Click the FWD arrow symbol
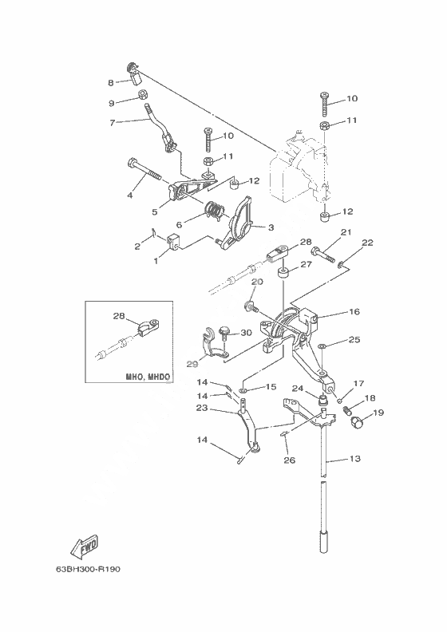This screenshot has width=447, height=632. [85, 547]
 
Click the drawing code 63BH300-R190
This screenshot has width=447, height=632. [89, 569]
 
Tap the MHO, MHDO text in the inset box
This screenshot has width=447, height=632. [148, 377]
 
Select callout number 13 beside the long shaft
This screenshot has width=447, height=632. [354, 459]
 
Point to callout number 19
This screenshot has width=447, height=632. [378, 413]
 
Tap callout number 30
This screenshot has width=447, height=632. [246, 333]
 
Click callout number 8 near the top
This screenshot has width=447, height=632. [111, 83]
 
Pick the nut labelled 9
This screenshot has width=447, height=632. [141, 95]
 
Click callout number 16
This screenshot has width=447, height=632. [354, 311]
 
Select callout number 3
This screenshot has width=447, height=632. [271, 227]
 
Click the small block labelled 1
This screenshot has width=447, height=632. [172, 241]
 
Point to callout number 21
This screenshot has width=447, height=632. [346, 232]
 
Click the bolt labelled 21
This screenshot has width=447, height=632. [322, 255]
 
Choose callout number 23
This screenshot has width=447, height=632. [201, 408]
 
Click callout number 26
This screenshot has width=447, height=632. [290, 460]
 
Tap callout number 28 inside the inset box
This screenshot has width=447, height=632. [119, 316]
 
